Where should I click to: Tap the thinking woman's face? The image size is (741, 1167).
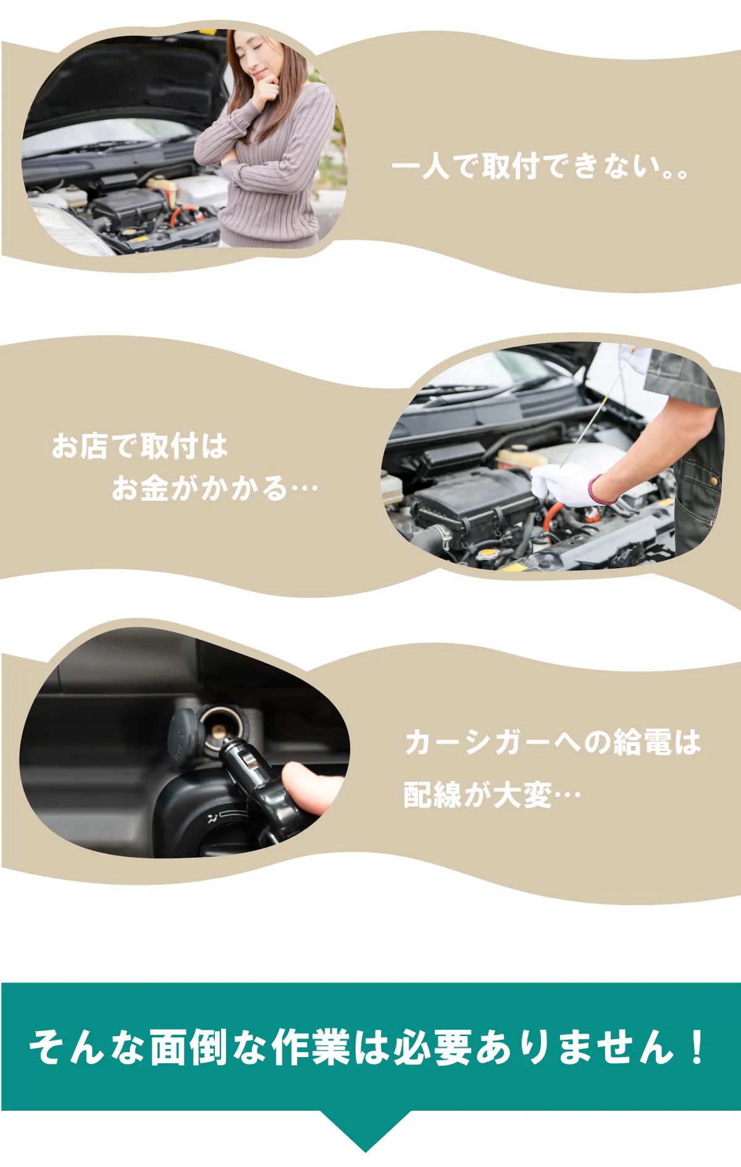pos(257,56)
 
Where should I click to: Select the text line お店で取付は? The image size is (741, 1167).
pos(140,446)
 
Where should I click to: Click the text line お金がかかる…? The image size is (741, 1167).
pos(214,488)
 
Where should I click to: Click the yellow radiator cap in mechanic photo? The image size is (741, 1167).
pos(487,553)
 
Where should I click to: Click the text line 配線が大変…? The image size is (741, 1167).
pos(492,795)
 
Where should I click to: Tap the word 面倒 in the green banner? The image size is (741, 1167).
pos(188,1047)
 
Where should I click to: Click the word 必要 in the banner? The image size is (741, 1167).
pos(432,1047)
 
